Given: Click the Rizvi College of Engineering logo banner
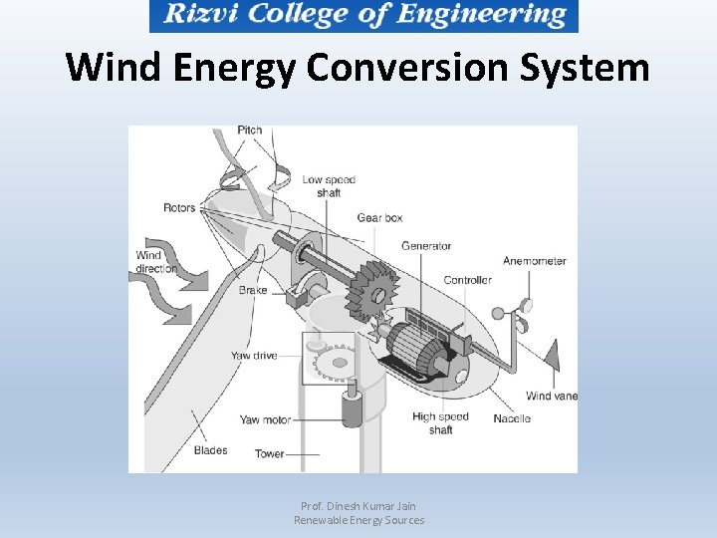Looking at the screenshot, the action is point(363,16).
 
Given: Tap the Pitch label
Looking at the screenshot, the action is point(250,131).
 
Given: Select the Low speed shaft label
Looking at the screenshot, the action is point(329,186).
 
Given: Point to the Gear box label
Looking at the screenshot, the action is point(379,217).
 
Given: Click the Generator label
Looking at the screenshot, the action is point(426,246).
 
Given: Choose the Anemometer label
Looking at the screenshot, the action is point(534,261).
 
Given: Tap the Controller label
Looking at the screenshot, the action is point(467,280).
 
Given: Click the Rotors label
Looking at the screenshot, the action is point(179,208).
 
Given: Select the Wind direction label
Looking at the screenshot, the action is point(155,262).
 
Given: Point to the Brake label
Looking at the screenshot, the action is point(253,290).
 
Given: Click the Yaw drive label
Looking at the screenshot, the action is point(254,356).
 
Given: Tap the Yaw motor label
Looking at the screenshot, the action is point(265,419).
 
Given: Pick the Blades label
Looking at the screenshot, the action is point(210,450).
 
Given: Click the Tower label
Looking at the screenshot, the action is point(269,453).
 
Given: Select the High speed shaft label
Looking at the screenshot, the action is point(440,423).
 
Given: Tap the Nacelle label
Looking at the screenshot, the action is point(512,418).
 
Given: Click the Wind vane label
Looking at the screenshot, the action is point(552,396).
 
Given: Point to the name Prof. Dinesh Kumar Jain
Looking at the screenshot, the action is point(358,506).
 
